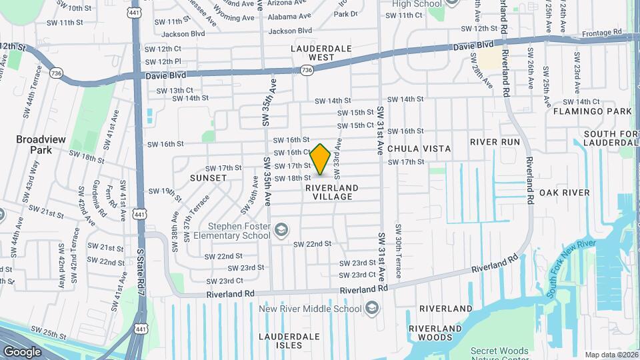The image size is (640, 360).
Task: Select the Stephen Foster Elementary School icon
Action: [282, 230]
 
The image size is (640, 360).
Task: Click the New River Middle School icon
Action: [371, 308]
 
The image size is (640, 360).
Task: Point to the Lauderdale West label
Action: [312, 53]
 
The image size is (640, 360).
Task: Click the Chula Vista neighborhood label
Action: [419, 149]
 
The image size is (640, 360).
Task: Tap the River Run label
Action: [495, 142]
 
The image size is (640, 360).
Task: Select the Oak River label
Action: [565, 193]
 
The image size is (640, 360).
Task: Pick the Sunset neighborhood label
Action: [208, 178]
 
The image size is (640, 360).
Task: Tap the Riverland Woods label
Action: [435, 333]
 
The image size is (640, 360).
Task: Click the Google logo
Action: [22, 351]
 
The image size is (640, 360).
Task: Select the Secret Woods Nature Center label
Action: [499, 355]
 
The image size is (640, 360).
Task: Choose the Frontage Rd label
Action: [602, 32]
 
